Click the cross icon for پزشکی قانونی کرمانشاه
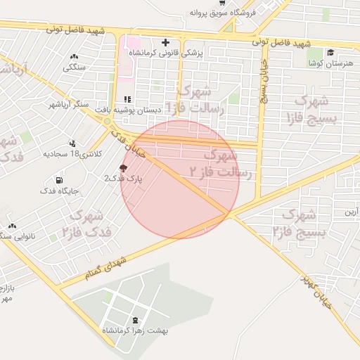point(165,42)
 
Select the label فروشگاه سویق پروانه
point(224,13)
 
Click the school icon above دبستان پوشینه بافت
point(127,99)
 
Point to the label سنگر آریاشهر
point(69,105)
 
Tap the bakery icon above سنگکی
point(75,57)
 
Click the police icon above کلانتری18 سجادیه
point(75,143)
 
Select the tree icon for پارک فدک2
point(124,168)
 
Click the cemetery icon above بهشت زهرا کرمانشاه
point(135,320)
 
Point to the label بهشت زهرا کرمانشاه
point(136,330)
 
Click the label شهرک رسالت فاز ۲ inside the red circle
point(214,162)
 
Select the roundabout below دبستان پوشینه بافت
point(107,122)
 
